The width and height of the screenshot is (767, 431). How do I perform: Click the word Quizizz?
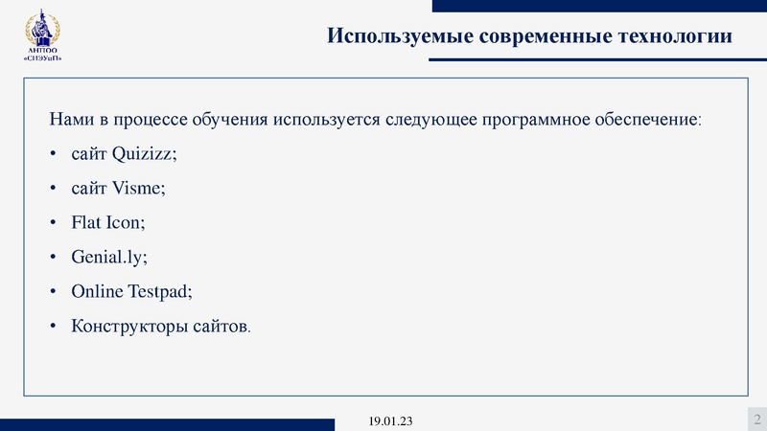[x=146, y=154]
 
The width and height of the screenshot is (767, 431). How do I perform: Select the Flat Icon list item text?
[x=108, y=223]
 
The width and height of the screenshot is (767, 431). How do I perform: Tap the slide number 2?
[x=756, y=419]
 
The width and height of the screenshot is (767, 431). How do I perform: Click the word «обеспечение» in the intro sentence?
[x=650, y=121]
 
